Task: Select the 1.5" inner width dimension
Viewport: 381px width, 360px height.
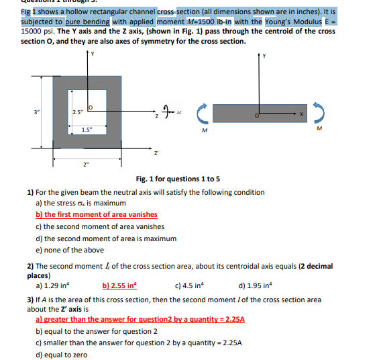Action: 87,129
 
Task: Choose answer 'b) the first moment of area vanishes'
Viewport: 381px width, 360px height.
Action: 96,215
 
